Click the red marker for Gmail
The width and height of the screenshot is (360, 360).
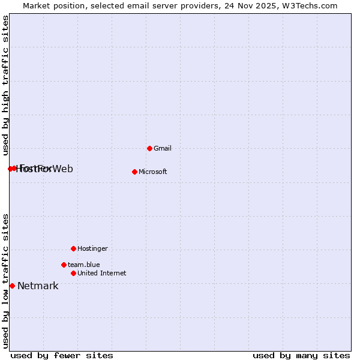(149, 148)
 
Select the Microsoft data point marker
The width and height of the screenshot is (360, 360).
(134, 172)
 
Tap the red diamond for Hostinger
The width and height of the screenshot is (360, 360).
(73, 248)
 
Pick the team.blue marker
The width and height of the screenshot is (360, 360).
(64, 265)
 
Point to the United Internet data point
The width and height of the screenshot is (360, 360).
(73, 273)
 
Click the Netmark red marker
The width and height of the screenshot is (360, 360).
(12, 286)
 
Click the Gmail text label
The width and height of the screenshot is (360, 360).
(163, 148)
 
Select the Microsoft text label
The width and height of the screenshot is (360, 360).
(153, 172)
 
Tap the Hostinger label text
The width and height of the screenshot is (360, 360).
(92, 248)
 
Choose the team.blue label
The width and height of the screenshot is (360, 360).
(83, 265)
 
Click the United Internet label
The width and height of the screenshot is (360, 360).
(101, 273)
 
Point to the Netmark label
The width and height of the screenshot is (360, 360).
(38, 286)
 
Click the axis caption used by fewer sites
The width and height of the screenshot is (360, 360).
(62, 355)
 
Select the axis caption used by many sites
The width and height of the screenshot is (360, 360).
(301, 355)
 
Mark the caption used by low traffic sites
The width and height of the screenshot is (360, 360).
(5, 280)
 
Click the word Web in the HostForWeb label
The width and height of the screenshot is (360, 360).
(63, 169)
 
